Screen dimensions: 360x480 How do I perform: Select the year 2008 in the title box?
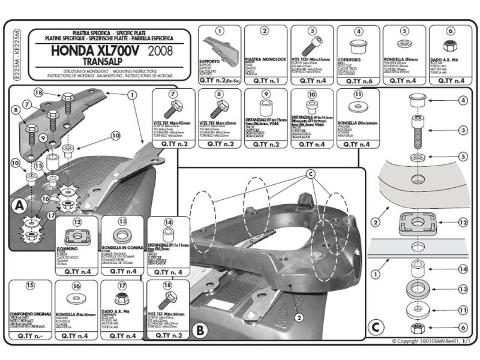[x=164, y=51]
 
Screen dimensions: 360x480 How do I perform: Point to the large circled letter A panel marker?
[x=19, y=206]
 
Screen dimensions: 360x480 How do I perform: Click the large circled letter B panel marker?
[x=200, y=329]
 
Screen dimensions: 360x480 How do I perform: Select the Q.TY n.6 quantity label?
[x=358, y=80]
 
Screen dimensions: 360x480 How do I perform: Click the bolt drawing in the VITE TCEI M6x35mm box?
[x=311, y=46]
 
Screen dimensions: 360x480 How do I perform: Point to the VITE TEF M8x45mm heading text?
[x=173, y=122]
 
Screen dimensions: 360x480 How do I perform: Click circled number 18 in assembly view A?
[x=39, y=93]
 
